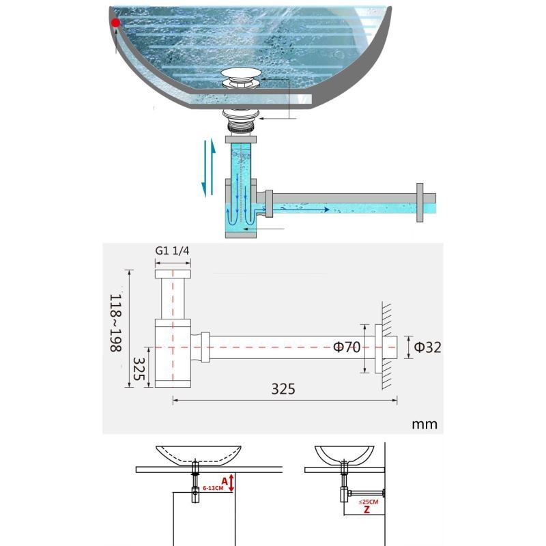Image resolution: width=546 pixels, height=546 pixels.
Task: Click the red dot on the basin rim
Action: tap(115, 23)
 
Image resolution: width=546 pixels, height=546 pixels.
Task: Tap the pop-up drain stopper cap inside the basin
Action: tap(241, 73)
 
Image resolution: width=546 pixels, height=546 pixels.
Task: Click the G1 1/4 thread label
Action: tap(172, 250)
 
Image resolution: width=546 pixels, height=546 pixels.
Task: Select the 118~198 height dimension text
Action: tap(115, 323)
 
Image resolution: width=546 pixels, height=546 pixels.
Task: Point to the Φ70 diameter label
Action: tap(347, 347)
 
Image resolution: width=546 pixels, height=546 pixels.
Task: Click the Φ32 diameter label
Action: tap(428, 347)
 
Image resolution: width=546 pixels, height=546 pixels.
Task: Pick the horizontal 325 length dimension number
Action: tap(283, 389)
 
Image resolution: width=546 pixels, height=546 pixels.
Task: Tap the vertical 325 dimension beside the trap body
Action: tap(139, 369)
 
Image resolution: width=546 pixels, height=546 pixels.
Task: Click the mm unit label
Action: tap(425, 424)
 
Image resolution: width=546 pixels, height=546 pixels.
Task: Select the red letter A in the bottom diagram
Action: tap(225, 481)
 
